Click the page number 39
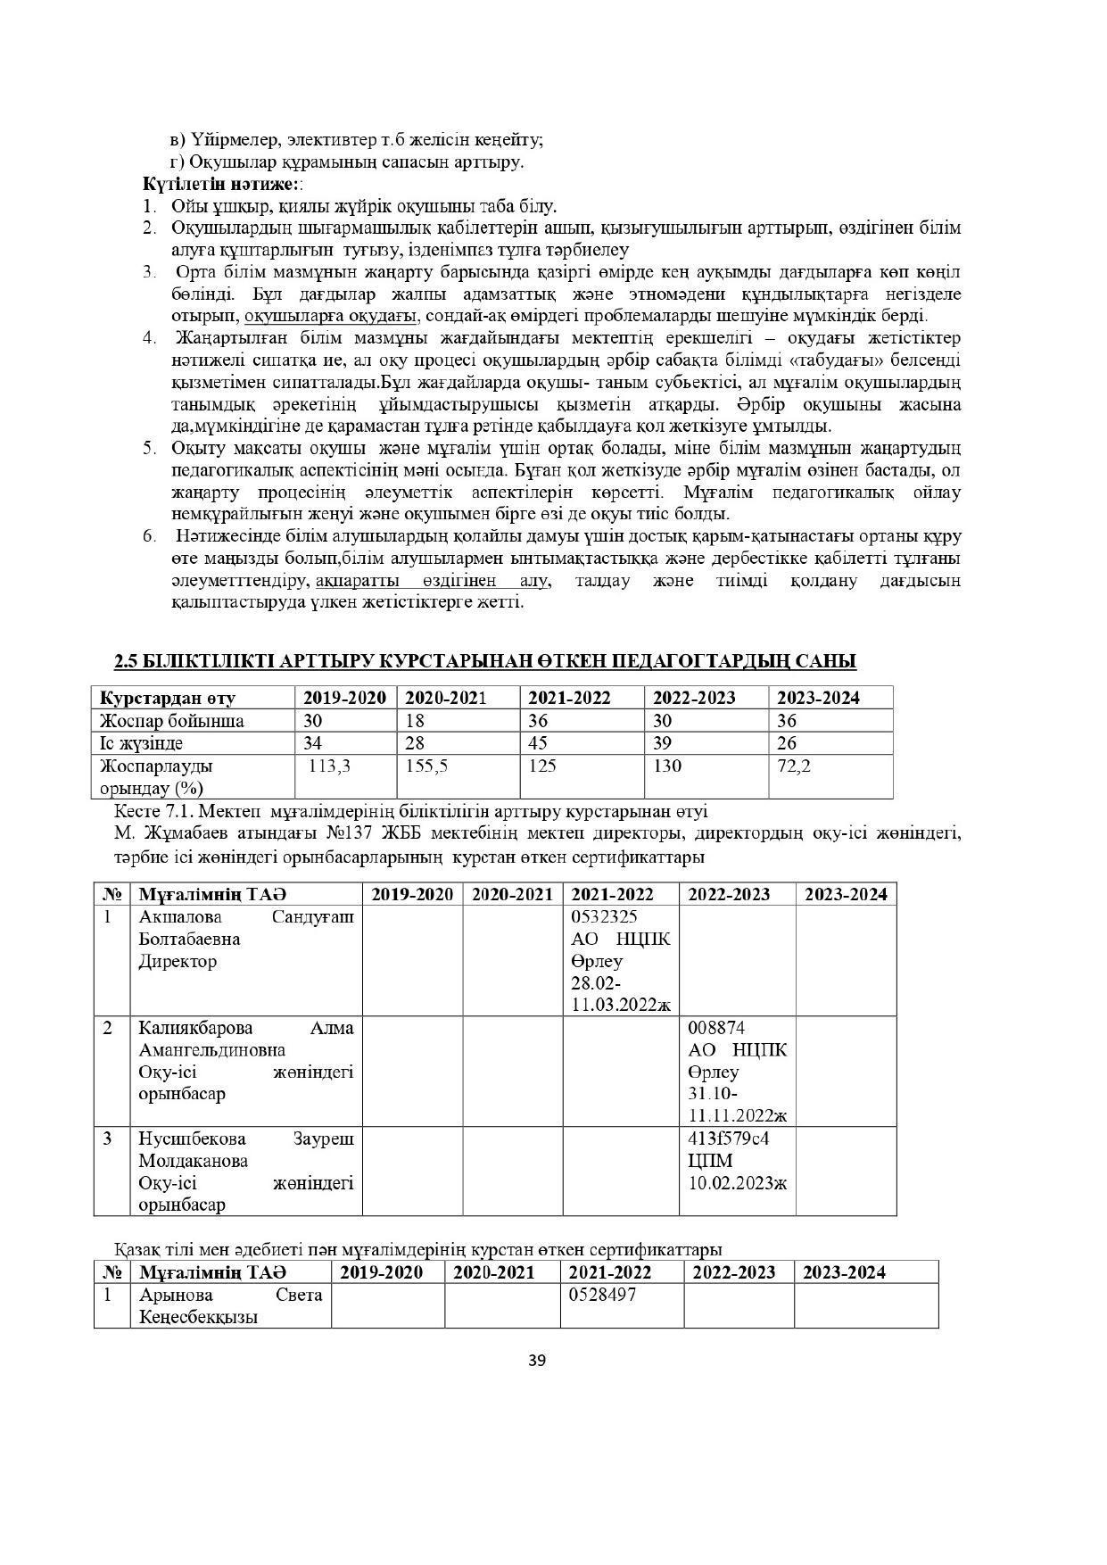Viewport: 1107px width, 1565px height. click(537, 1361)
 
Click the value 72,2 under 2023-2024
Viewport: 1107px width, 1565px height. click(793, 766)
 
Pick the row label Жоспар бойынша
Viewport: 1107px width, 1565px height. click(171, 721)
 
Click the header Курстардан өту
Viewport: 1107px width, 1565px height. click(167, 698)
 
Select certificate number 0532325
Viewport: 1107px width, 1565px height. click(604, 917)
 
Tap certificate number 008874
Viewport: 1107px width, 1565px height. click(716, 1028)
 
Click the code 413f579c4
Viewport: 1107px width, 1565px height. click(729, 1139)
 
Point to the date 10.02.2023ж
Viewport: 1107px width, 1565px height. click(738, 1183)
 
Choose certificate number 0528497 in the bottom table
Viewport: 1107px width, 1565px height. click(603, 1295)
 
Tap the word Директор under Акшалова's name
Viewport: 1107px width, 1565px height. click(178, 962)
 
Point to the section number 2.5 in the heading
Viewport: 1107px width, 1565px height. click(126, 661)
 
